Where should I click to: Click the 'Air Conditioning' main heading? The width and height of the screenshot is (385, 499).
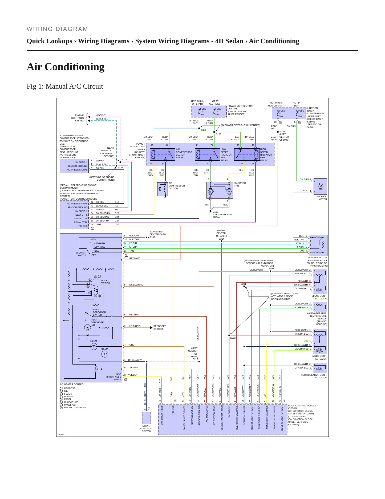pyautogui.click(x=66, y=67)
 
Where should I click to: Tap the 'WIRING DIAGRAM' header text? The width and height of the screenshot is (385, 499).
pyautogui.click(x=57, y=29)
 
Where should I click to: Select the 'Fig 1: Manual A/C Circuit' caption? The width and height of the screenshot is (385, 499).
pyautogui.click(x=65, y=86)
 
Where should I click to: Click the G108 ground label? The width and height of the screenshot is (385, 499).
pyautogui.click(x=215, y=212)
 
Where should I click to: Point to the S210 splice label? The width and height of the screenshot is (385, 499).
pyautogui.click(x=282, y=132)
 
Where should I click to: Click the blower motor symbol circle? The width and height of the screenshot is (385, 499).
pyautogui.click(x=321, y=186)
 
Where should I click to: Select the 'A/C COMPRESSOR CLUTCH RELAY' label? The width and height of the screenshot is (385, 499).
pyautogui.click(x=184, y=153)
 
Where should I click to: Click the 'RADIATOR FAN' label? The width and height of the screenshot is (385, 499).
pyautogui.click(x=240, y=184)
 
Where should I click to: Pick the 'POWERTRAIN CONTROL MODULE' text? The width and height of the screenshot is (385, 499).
pyautogui.click(x=78, y=199)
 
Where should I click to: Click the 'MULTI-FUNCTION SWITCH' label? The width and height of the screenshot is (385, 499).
pyautogui.click(x=146, y=429)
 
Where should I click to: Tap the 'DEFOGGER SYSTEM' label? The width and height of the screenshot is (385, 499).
pyautogui.click(x=160, y=328)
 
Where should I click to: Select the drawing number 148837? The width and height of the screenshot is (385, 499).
pyautogui.click(x=62, y=434)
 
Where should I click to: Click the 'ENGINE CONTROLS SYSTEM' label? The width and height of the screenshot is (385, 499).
pyautogui.click(x=78, y=118)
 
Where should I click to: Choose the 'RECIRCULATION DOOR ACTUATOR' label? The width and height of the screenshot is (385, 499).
pyautogui.click(x=314, y=376)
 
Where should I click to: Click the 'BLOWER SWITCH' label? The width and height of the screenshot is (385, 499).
pyautogui.click(x=81, y=254)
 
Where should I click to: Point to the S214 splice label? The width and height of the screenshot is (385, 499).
pyautogui.click(x=221, y=239)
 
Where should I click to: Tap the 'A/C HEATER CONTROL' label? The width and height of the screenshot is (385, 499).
pyautogui.click(x=72, y=384)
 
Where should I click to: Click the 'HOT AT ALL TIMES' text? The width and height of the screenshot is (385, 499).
pyautogui.click(x=214, y=102)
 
